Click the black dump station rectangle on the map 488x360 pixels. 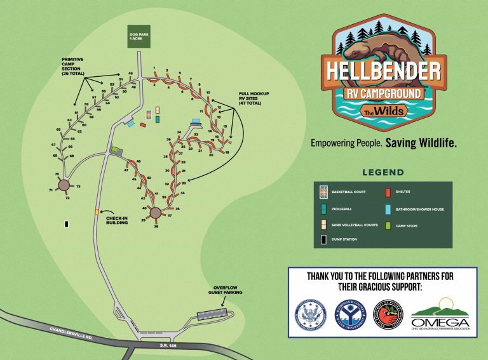pos(66,224)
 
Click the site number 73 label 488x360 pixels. pos(78,187)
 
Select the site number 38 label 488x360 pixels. pos(156,226)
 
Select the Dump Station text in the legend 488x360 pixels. pos(344,239)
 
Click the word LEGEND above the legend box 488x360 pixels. pos(383,172)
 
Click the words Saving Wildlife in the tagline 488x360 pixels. pos(421,143)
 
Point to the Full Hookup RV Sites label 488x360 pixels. pos(254,98)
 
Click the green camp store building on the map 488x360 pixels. pos(116,150)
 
